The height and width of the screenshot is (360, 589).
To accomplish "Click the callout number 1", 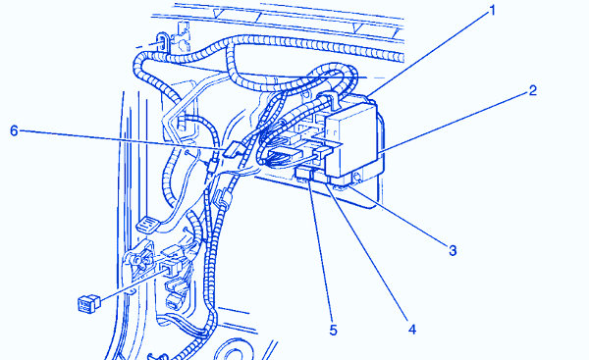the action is (493, 11).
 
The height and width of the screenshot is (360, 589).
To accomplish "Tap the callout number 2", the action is (532, 90).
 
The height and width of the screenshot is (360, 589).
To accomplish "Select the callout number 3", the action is (453, 250).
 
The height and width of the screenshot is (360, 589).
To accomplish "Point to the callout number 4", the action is (412, 330).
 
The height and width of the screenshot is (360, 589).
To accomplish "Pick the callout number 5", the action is (333, 330).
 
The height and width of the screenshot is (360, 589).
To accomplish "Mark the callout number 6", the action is (14, 130).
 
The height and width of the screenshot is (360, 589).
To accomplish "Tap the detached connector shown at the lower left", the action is (88, 303).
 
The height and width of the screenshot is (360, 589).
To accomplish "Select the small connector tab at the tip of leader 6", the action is (232, 148).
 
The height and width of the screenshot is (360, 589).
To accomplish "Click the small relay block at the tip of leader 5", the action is (303, 174).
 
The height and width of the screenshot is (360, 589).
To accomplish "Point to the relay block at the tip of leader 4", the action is (321, 178).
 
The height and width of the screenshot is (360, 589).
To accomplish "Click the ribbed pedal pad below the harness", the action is (147, 226).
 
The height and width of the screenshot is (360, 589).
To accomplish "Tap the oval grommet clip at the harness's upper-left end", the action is (162, 41).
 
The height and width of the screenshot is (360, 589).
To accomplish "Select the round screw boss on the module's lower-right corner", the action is (356, 178).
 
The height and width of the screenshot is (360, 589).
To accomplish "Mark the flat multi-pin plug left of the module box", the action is (286, 154).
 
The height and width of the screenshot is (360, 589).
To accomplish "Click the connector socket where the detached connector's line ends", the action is (170, 267).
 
